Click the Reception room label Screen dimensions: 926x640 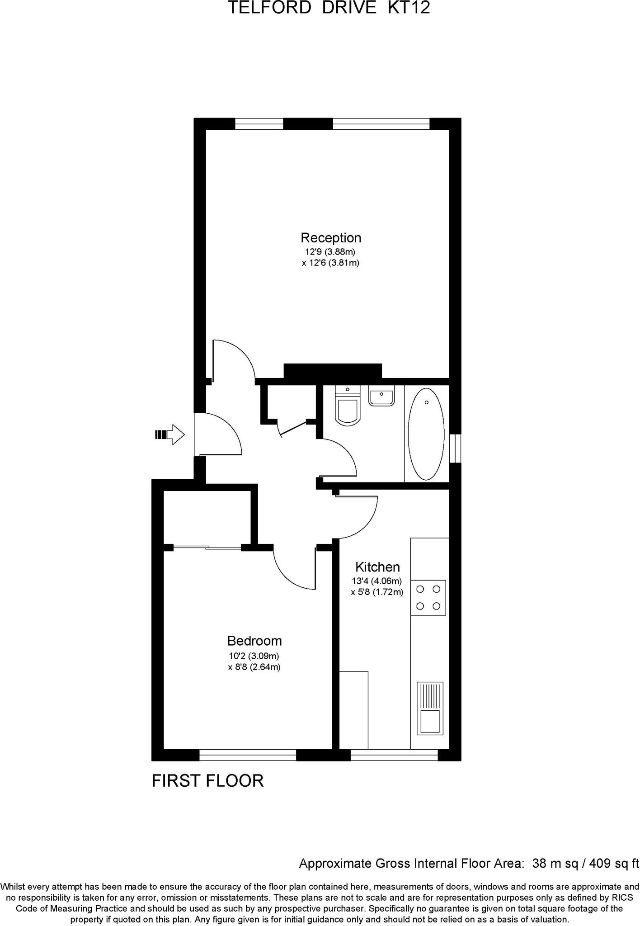pos(331,237)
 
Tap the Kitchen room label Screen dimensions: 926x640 pos(377,567)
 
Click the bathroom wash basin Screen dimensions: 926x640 pos(381,396)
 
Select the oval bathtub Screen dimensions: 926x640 pos(426,434)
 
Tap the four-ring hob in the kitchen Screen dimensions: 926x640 pos(428,597)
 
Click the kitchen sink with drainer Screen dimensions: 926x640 pos(429,708)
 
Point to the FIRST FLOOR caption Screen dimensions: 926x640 pos(207,780)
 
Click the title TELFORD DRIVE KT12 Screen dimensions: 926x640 pos(329,8)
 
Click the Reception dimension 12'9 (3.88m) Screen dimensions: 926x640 pos(330,251)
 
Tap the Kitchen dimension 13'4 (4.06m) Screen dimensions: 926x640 pos(377,581)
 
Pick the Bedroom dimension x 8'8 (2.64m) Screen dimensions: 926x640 pos(254,666)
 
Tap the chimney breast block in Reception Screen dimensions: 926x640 pos(332,371)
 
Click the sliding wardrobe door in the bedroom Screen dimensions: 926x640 pos(207,548)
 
